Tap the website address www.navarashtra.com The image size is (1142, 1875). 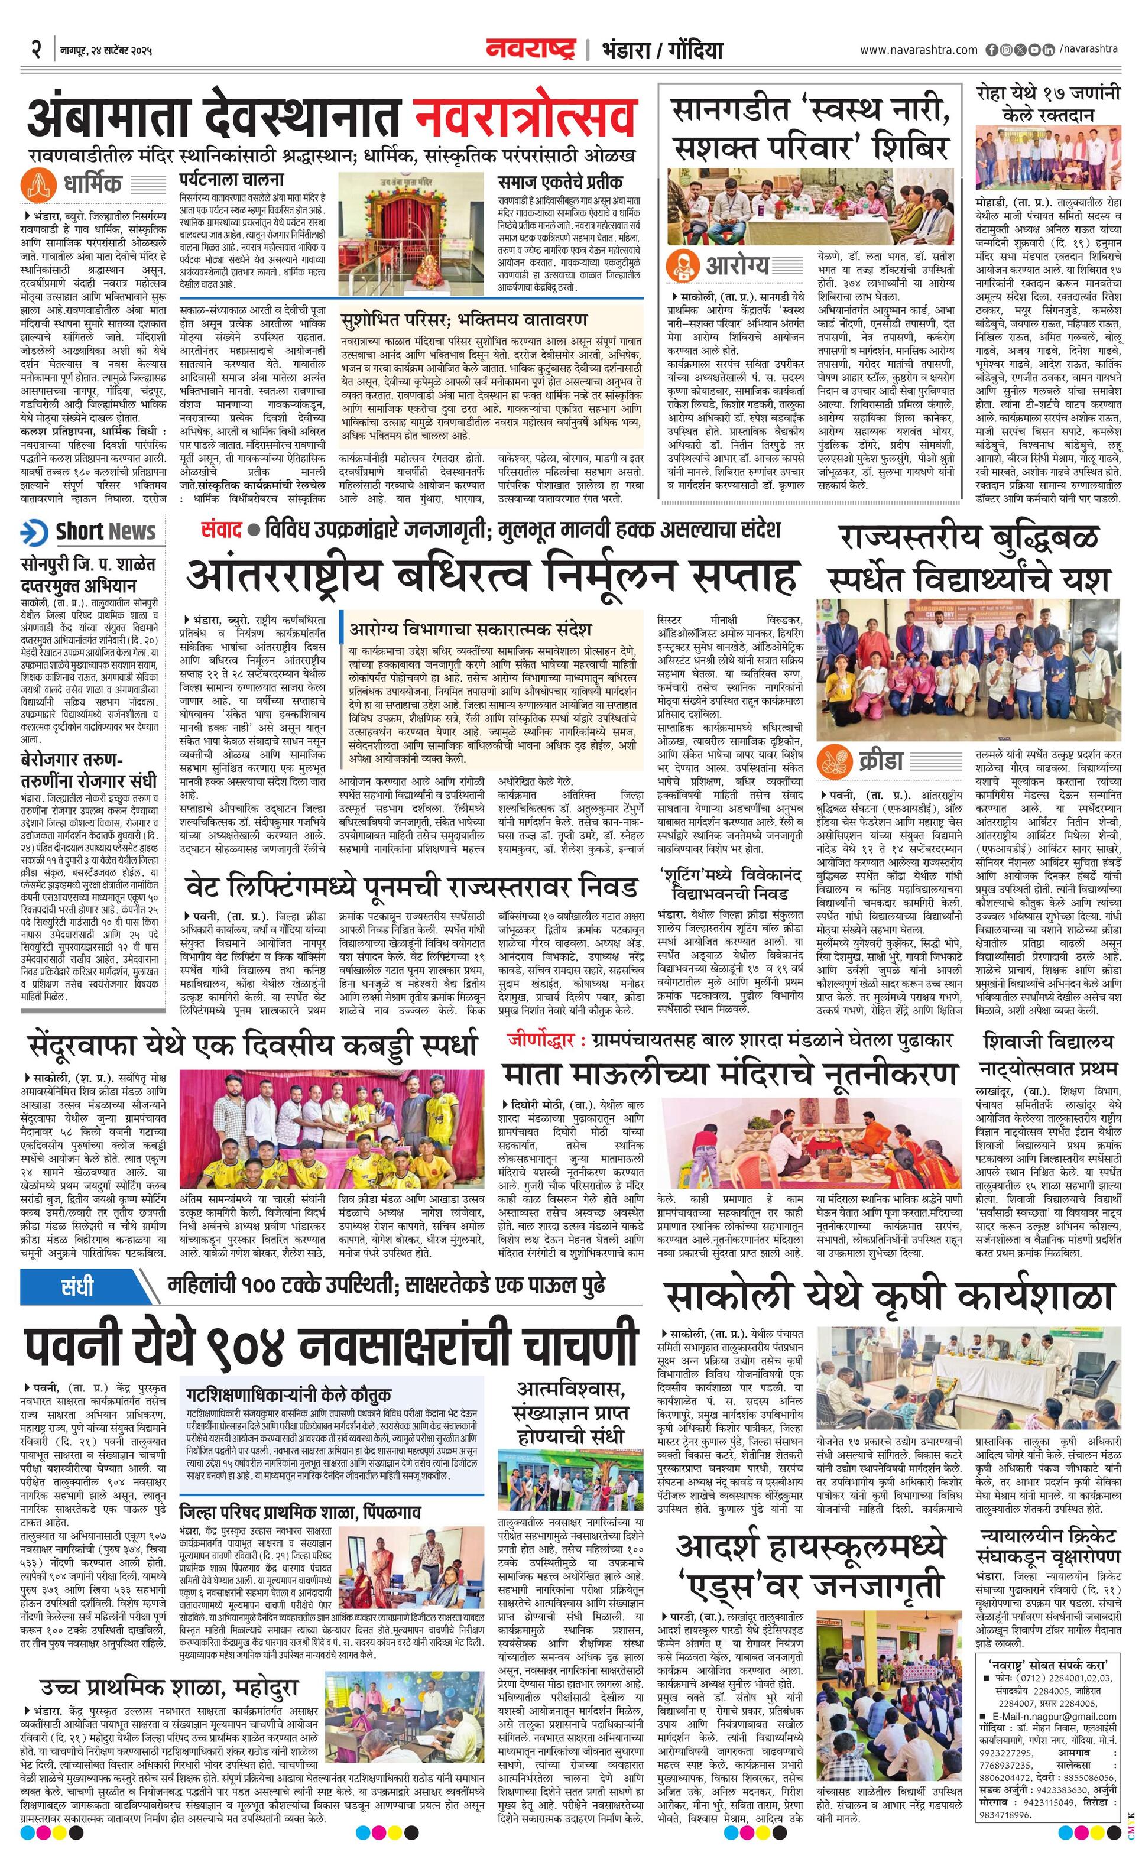pos(919,50)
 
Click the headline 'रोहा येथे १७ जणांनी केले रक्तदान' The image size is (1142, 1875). pos(1049,104)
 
